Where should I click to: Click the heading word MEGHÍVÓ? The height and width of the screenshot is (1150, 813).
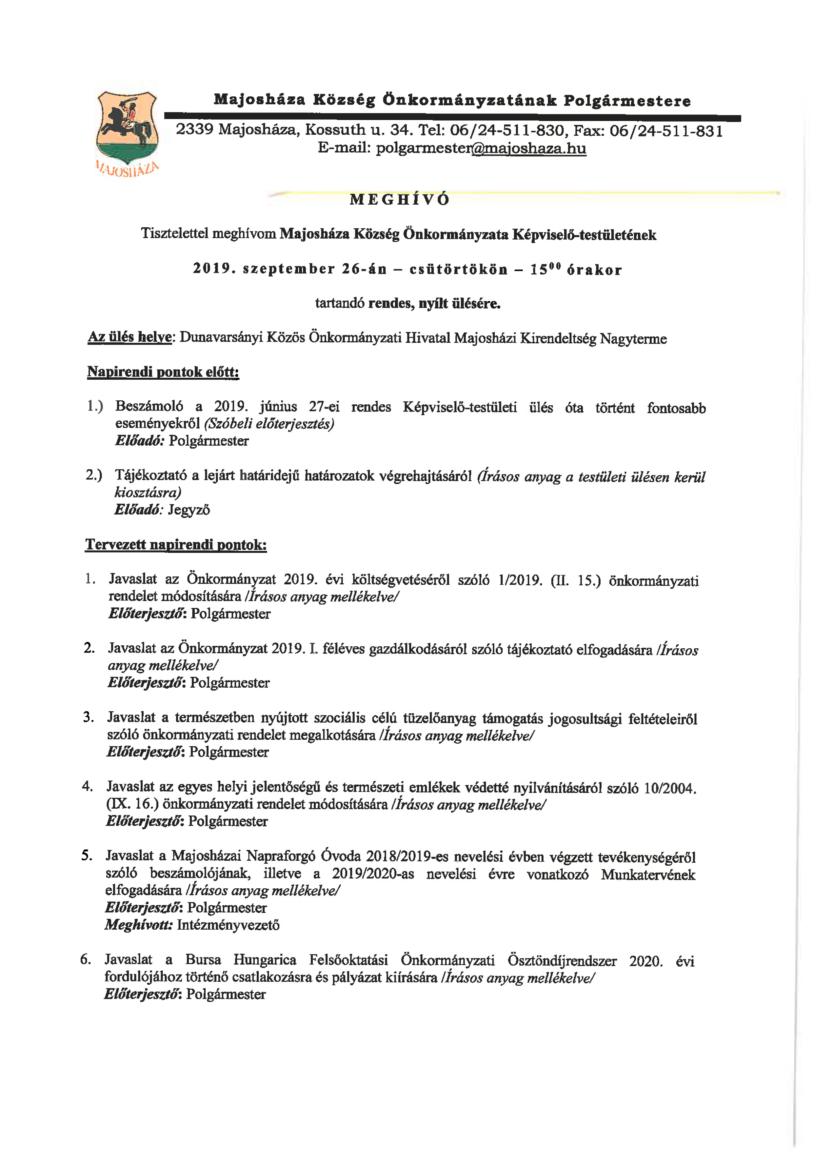(400, 199)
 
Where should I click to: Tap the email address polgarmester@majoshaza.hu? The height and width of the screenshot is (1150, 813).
(481, 148)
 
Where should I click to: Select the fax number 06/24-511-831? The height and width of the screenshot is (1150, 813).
(666, 131)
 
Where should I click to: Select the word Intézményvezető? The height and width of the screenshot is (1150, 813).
(228, 925)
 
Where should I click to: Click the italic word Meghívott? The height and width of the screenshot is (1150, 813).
(139, 925)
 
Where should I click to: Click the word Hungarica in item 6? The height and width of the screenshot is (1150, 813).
(264, 960)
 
